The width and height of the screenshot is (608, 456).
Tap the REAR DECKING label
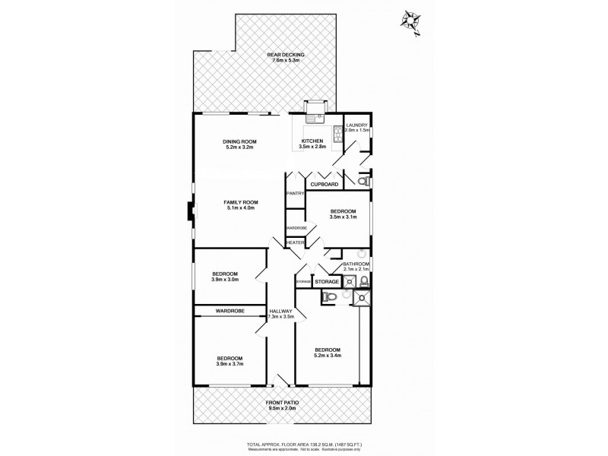[285, 55]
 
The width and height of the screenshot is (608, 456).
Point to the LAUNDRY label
[357, 125]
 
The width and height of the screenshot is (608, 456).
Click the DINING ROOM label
[239, 141]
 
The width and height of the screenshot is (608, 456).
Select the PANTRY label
[295, 194]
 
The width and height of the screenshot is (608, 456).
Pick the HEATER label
[295, 242]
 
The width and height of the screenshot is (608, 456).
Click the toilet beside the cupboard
[363, 182]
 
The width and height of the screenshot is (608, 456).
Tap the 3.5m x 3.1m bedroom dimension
[342, 217]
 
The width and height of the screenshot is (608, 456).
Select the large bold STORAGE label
[327, 282]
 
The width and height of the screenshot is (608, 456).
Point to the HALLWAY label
[280, 311]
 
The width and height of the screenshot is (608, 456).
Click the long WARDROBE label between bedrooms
[228, 310]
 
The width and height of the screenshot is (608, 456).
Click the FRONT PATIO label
[281, 402]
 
